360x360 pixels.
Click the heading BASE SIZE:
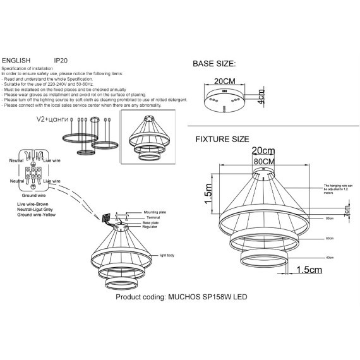coord(214,64)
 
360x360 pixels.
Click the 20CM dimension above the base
coord(225,81)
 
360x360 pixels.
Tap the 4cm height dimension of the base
coord(261,99)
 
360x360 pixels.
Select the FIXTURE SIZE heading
coord(222,139)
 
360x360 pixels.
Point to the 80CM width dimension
coord(263,161)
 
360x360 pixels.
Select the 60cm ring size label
coord(329,239)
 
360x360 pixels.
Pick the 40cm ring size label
coord(329,257)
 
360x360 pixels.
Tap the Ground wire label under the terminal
coord(31,195)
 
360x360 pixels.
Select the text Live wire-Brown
coord(32,206)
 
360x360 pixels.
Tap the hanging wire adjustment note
coord(336,190)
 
